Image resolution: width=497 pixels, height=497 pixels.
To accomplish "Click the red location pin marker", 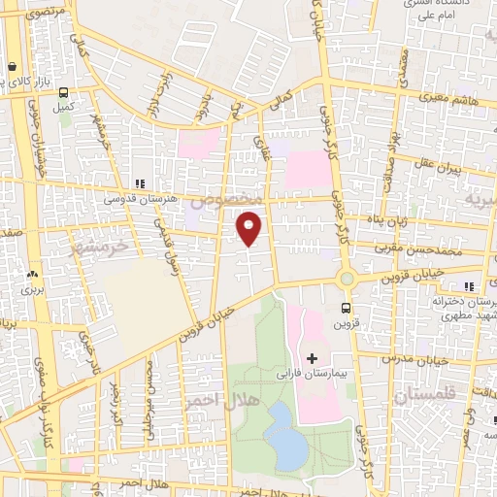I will tap(249, 228).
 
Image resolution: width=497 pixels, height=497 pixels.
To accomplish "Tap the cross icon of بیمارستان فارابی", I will tap(311, 359).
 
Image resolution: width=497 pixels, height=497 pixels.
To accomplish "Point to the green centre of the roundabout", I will tap(347, 279).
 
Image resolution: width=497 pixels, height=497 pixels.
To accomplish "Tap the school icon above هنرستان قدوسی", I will tap(140, 182).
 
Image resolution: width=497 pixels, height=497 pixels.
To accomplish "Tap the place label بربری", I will tap(36, 289).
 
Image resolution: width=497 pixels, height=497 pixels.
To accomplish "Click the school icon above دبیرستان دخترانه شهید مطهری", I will tap(469, 286).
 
